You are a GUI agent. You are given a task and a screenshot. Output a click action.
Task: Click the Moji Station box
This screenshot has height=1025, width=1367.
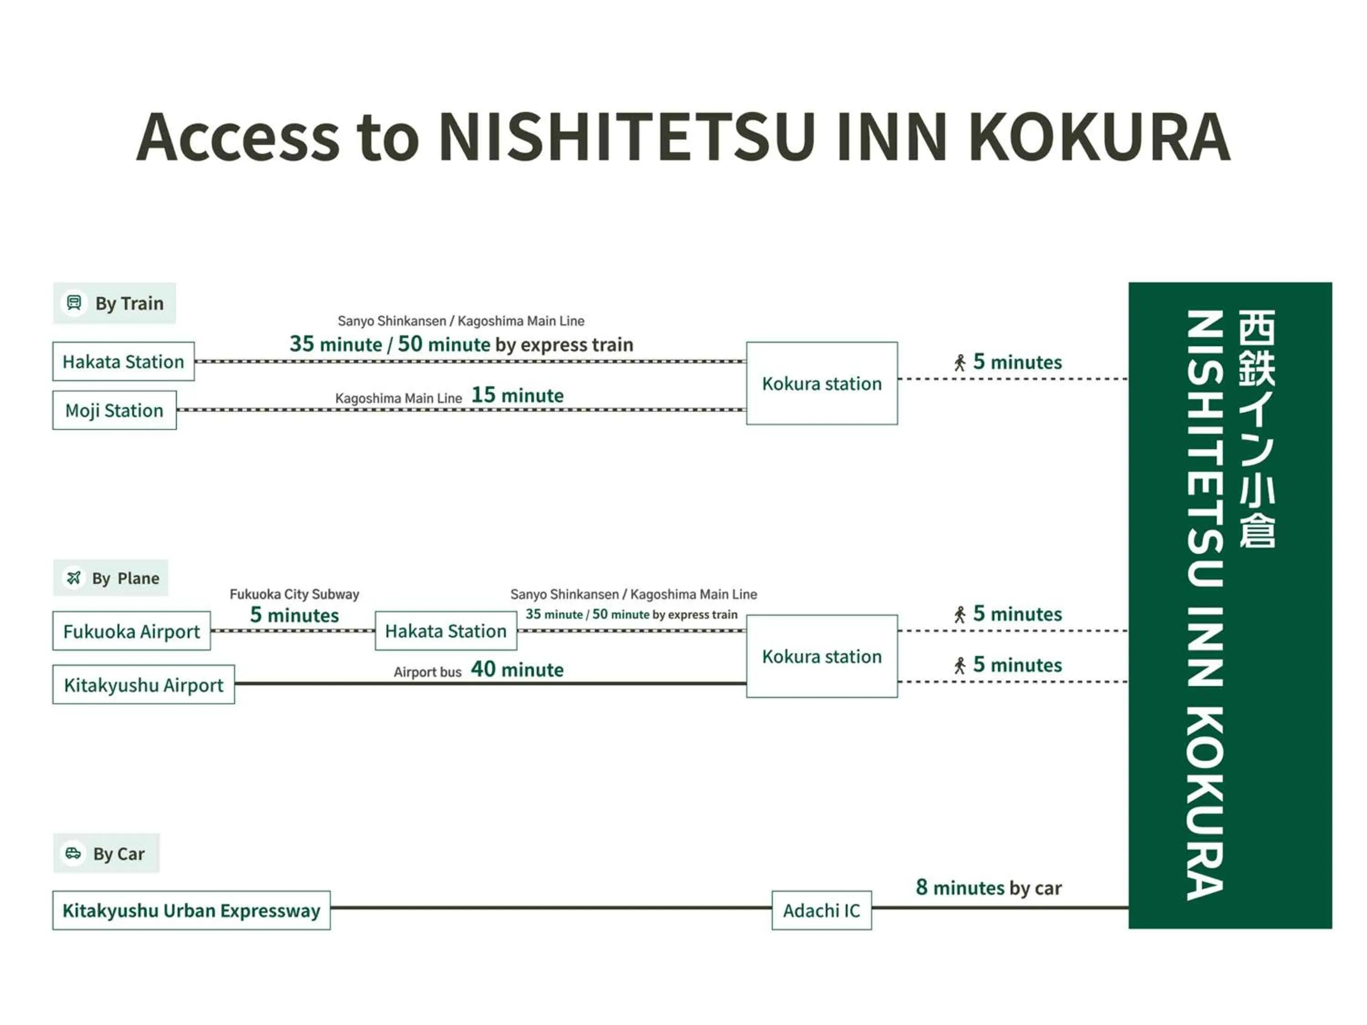(114, 410)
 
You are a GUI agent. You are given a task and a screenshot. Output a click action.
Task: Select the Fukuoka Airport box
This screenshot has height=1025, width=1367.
(131, 631)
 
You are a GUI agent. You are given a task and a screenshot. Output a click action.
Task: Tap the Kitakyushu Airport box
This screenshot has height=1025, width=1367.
(144, 685)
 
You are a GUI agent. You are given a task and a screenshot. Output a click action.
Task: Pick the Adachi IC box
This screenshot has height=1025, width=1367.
(821, 910)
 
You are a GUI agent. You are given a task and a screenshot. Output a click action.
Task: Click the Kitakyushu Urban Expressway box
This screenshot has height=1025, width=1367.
(191, 910)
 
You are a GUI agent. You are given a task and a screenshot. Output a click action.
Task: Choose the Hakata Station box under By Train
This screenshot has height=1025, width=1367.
(123, 361)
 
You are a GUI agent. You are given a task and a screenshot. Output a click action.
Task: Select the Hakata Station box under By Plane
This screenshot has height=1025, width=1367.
(446, 631)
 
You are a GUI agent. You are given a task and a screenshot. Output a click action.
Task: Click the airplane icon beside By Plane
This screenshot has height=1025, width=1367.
(73, 578)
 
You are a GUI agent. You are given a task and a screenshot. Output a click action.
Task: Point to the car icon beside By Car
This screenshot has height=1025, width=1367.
(73, 853)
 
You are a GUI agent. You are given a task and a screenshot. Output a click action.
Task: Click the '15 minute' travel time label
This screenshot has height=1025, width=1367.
(517, 395)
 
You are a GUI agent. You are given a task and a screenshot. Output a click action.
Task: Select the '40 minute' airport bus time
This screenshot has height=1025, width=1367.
(517, 669)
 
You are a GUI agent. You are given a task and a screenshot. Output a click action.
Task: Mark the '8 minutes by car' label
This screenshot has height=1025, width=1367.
(988, 887)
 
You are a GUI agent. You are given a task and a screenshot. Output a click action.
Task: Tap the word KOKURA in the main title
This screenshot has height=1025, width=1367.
(1099, 137)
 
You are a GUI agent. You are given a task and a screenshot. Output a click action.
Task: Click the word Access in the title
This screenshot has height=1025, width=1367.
(238, 137)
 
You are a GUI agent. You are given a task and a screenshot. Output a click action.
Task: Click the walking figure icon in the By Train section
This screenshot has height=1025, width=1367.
(959, 363)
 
